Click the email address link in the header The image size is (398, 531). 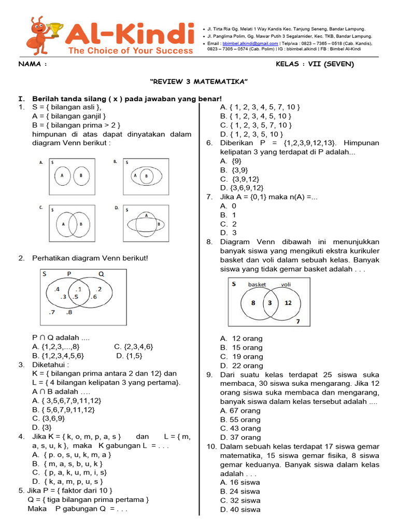[251, 44]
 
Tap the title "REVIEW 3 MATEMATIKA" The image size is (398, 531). [199, 82]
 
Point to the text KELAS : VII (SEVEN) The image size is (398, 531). [316, 64]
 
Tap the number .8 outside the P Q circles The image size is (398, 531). [69, 312]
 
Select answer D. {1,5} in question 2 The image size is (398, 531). [129, 356]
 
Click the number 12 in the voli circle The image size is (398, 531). [288, 303]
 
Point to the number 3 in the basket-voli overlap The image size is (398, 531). [269, 303]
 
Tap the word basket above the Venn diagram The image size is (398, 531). [257, 284]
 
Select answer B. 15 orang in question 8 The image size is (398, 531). [241, 347]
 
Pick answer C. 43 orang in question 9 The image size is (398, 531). [240, 428]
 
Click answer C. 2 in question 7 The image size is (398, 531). [228, 224]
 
